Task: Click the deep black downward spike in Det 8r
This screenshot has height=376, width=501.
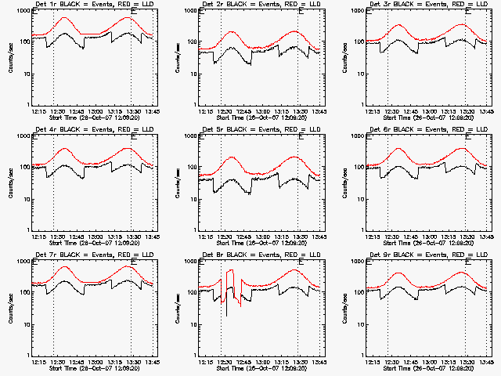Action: click(226, 315)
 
